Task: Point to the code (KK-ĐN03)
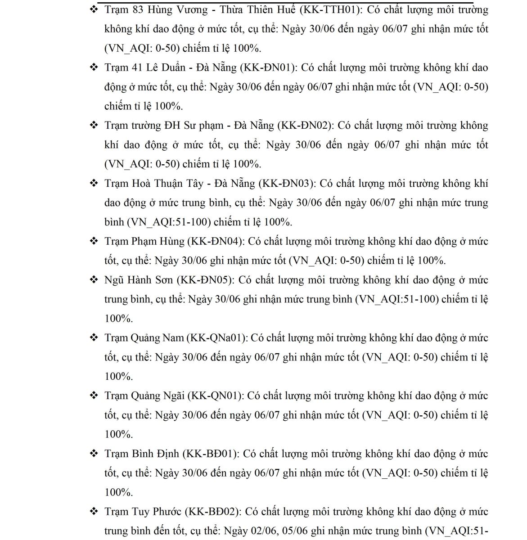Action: pyautogui.click(x=287, y=183)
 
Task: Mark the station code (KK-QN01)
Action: pyautogui.click(x=215, y=396)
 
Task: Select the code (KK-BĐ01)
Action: pyautogui.click(x=210, y=454)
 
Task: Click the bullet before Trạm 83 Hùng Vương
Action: pyautogui.click(x=94, y=9)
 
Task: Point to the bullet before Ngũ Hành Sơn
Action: pyautogui.click(x=94, y=280)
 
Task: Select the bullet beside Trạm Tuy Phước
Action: pyautogui.click(x=94, y=512)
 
